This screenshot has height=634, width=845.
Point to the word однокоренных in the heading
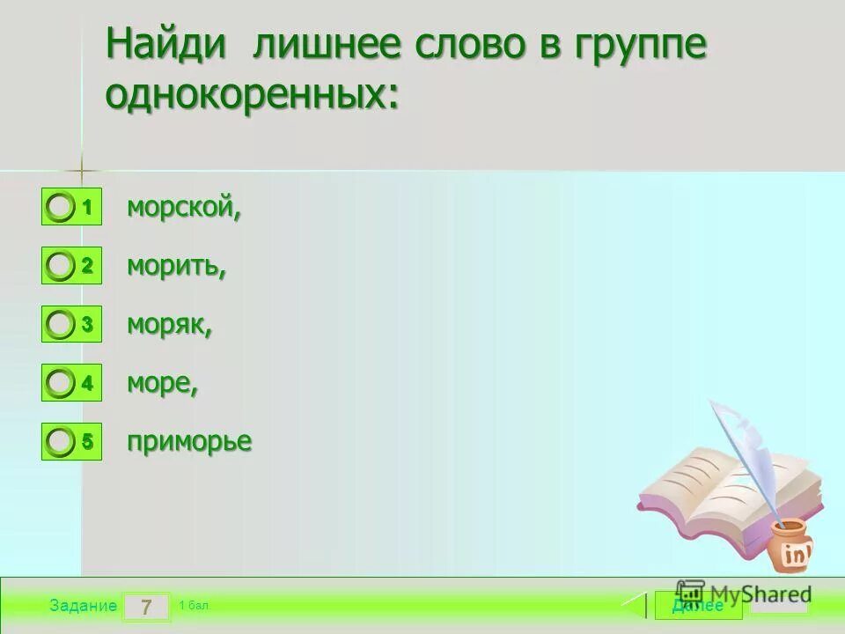(252, 93)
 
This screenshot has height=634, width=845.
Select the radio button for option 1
(61, 208)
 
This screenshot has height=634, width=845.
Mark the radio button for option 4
(61, 383)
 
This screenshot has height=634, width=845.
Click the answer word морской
(183, 208)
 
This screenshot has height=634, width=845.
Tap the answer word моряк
(169, 325)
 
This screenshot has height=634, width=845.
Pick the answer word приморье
(188, 442)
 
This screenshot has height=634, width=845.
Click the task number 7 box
(146, 607)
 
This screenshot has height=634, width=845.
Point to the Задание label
(83, 606)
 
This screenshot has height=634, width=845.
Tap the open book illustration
(722, 493)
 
